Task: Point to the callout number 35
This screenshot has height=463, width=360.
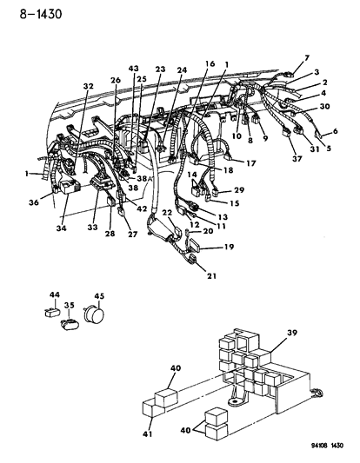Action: tap(71, 306)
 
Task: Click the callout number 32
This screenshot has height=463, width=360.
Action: tap(87, 87)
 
